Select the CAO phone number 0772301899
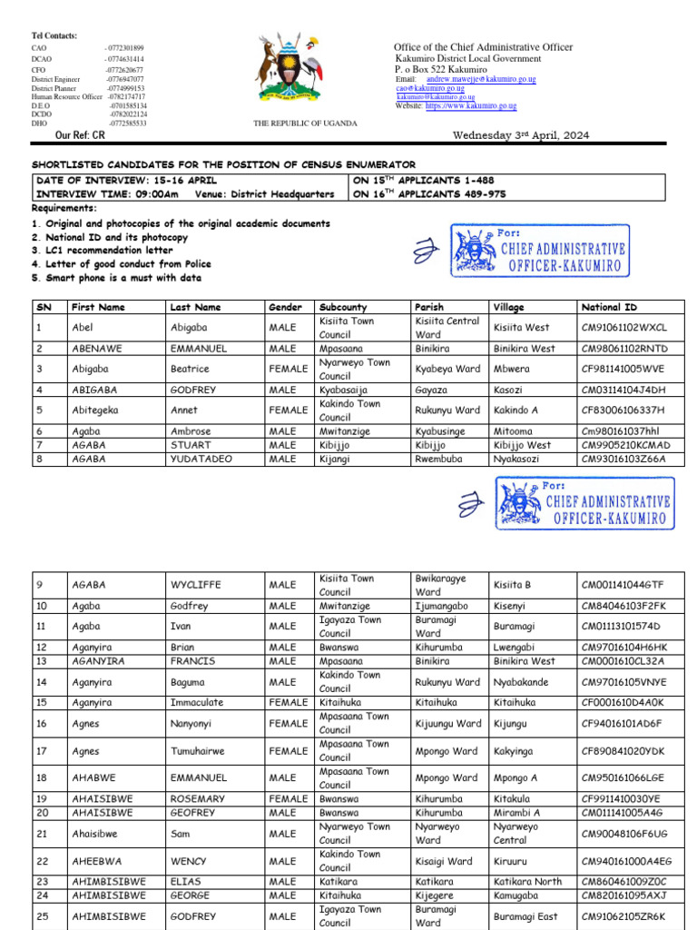(x=125, y=48)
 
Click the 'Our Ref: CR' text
(x=81, y=134)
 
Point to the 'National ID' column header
(x=608, y=307)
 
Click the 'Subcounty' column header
(x=343, y=307)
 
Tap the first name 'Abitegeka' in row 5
(x=94, y=411)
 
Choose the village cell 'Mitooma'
(x=514, y=431)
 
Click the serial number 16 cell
(x=42, y=723)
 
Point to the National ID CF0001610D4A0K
(x=623, y=702)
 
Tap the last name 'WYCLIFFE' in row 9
(x=195, y=585)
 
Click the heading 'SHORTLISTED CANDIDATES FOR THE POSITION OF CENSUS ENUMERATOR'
(x=223, y=164)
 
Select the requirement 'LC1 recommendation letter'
(x=94, y=250)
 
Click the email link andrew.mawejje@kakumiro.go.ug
(x=480, y=80)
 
